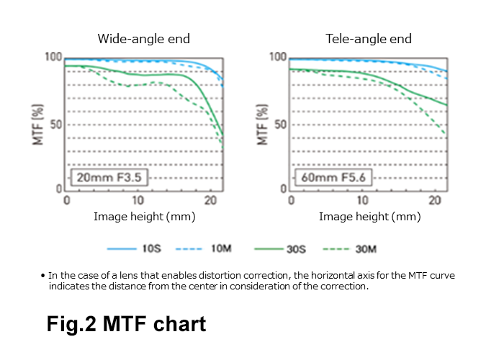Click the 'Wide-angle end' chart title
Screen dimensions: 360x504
pyautogui.click(x=144, y=39)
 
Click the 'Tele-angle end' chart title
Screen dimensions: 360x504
pyautogui.click(x=369, y=39)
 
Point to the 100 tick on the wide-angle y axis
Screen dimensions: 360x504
pyautogui.click(x=53, y=57)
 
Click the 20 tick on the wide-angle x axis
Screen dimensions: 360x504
pyautogui.click(x=210, y=200)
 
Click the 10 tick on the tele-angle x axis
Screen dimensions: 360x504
pyautogui.click(x=364, y=200)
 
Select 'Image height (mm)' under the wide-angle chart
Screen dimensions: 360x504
pyautogui.click(x=144, y=216)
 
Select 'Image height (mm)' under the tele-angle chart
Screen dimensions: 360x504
pyautogui.click(x=369, y=216)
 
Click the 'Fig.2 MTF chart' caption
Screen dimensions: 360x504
pyautogui.click(x=127, y=324)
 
